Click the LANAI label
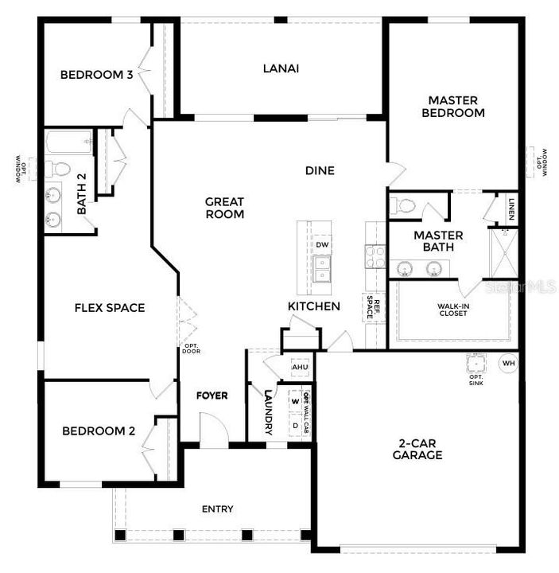281,68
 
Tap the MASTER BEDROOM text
452,107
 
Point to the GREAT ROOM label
225,208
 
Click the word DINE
320,170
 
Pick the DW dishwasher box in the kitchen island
322,244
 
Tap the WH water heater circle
507,364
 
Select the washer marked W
295,402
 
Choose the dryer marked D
295,425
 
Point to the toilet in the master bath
404,206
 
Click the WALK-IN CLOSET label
452,309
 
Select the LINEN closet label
511,209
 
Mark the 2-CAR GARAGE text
417,450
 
